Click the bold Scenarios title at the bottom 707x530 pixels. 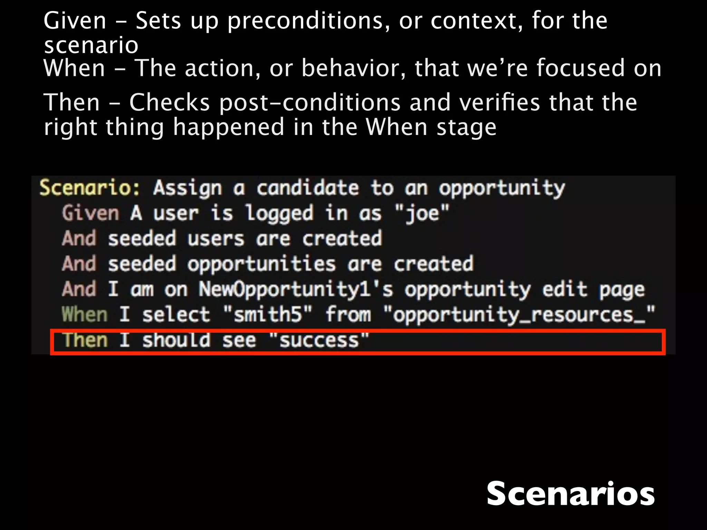click(x=570, y=494)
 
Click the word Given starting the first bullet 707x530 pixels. click(x=75, y=21)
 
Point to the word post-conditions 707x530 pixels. click(x=310, y=103)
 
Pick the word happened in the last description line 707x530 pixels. click(x=229, y=127)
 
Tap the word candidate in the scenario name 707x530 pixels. click(x=307, y=188)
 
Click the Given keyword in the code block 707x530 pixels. click(x=90, y=213)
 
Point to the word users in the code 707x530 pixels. click(x=216, y=239)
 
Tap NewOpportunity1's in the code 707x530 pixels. click(x=296, y=289)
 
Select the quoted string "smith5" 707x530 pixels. click(x=268, y=314)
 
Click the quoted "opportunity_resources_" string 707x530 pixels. click(x=519, y=314)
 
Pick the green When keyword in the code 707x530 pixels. click(x=85, y=314)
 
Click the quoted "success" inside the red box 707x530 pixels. click(x=319, y=340)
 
